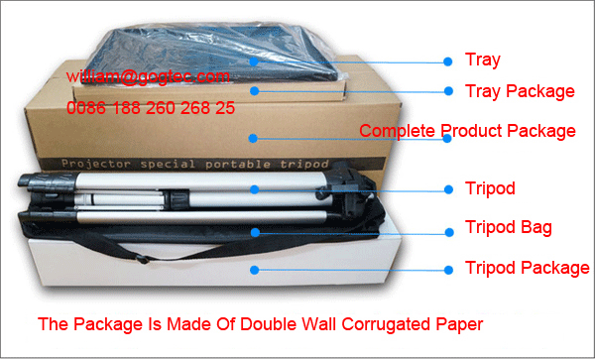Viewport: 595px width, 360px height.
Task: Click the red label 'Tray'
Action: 483,60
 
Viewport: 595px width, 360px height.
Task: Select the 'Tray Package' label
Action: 520,91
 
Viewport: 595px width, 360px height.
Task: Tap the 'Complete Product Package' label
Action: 467,131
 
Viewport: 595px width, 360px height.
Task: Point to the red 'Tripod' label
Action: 490,188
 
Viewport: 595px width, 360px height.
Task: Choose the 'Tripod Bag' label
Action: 509,228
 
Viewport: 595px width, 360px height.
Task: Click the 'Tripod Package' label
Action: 527,268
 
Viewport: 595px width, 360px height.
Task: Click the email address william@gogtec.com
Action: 149,76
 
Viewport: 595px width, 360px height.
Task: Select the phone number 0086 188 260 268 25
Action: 151,108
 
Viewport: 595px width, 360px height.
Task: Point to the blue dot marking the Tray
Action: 255,60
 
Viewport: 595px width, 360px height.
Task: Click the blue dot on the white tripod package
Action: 255,268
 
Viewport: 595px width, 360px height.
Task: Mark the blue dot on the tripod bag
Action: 255,232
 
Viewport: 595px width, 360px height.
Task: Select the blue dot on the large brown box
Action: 255,138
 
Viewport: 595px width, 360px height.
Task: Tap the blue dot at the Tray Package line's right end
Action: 445,91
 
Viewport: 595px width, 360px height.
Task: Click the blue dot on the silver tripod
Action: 255,188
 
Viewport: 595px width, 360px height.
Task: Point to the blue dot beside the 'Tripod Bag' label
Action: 445,228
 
